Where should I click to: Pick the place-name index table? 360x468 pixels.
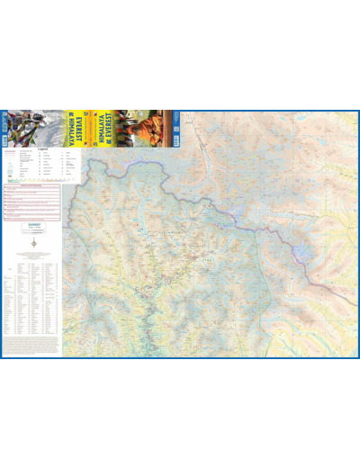31,297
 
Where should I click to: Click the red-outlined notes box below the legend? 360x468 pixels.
31,202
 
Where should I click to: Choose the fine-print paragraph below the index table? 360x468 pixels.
31,346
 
